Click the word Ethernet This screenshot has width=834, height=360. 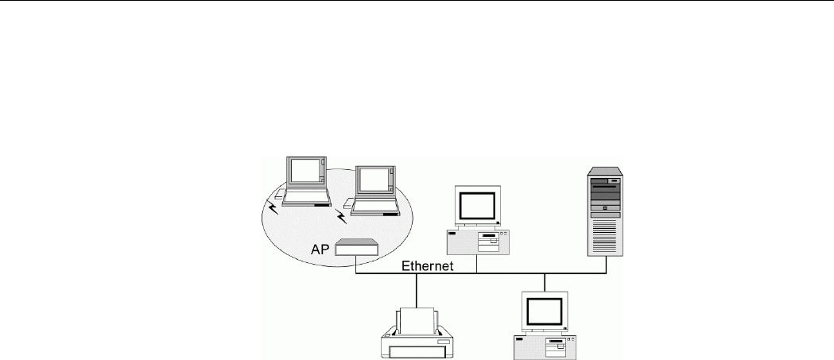coord(426,267)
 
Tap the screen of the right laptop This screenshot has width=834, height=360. coord(372,180)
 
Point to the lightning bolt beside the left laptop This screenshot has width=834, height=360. coord(273,208)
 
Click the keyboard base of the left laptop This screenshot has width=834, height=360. coord(301,201)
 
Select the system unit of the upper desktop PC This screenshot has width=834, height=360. coord(478,242)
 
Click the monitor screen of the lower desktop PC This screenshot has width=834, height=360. coord(545,313)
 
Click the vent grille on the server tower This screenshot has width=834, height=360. coord(606,235)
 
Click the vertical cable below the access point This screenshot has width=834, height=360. coord(355,265)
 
